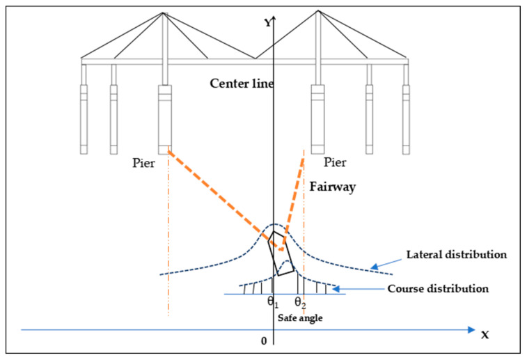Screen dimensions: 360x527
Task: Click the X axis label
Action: coord(485,334)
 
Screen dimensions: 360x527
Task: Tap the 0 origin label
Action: coord(263,341)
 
